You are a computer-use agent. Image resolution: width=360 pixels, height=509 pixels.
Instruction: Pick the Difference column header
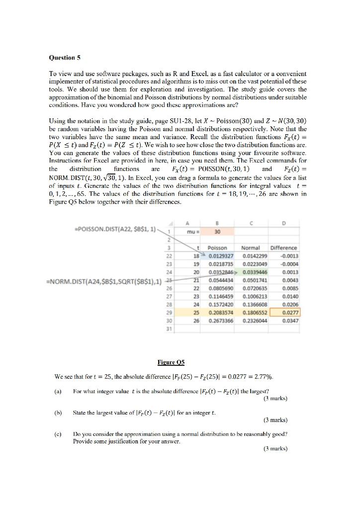point(283,248)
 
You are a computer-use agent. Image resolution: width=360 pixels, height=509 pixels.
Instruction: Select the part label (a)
point(61,391)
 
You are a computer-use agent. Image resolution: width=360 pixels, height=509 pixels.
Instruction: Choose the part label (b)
point(61,413)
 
